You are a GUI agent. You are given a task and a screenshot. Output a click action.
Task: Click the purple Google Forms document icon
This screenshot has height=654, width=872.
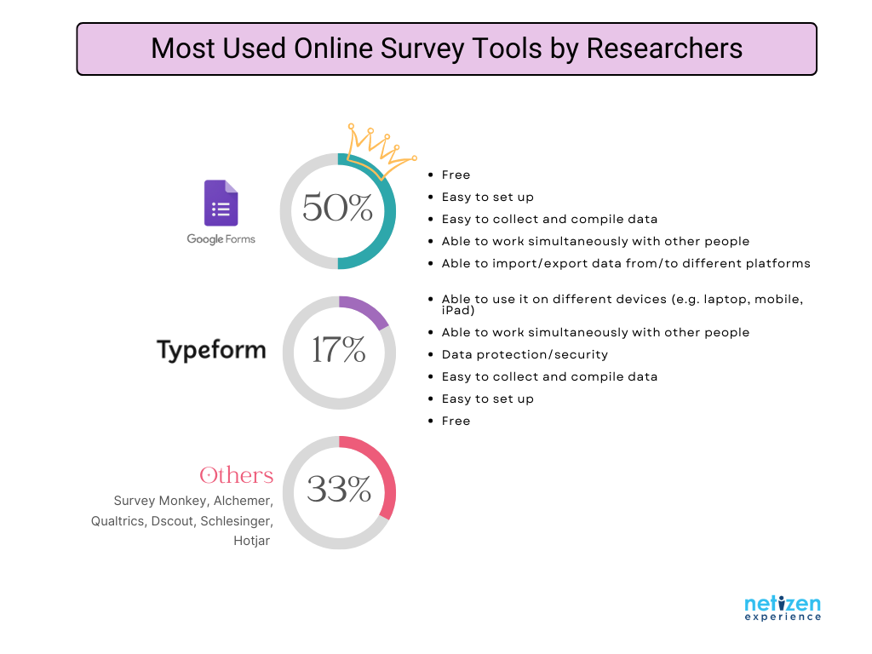221,203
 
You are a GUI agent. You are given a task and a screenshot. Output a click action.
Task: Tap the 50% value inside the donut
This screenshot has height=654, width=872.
337,208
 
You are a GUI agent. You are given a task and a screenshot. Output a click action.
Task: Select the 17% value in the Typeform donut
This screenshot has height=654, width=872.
338,350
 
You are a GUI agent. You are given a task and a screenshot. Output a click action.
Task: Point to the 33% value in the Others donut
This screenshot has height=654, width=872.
339,489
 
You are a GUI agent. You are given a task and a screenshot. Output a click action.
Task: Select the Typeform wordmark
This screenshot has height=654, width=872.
211,350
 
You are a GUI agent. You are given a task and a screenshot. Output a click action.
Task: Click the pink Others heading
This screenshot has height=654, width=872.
237,475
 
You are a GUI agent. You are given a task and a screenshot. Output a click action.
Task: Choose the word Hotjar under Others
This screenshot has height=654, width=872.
251,541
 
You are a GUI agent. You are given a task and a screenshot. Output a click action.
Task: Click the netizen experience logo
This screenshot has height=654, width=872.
783,608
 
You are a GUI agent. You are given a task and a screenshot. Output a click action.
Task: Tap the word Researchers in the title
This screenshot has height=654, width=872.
664,49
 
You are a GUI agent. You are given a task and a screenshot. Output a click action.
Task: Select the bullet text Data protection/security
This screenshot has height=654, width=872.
525,354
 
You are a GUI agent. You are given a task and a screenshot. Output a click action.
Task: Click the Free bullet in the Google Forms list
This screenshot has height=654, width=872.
456,175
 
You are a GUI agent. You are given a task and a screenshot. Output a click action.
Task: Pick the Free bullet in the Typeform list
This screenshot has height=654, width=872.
456,421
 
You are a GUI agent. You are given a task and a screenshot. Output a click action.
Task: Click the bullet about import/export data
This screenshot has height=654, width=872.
626,264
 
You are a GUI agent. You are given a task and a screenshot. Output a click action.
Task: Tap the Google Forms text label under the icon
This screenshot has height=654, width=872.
221,239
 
